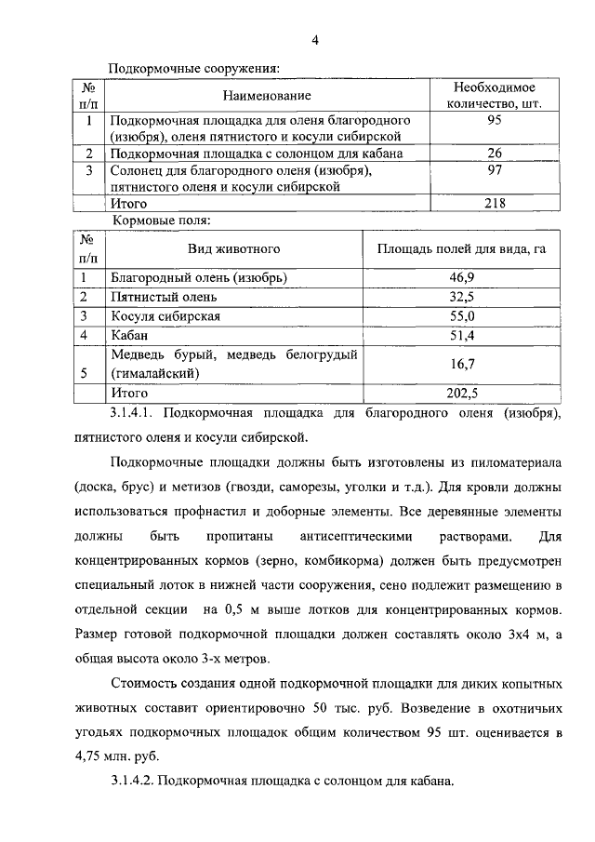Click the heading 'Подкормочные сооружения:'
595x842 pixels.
(x=194, y=69)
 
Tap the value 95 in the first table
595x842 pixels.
(x=495, y=121)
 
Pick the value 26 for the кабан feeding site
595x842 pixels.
(x=495, y=154)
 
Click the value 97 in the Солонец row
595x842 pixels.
(x=495, y=170)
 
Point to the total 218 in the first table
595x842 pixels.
(x=495, y=203)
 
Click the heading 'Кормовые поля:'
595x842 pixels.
(x=162, y=221)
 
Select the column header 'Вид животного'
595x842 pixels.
(x=233, y=248)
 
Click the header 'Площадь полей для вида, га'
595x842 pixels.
(x=459, y=248)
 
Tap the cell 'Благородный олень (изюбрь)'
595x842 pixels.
(x=198, y=278)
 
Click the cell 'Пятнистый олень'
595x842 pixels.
(x=164, y=298)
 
